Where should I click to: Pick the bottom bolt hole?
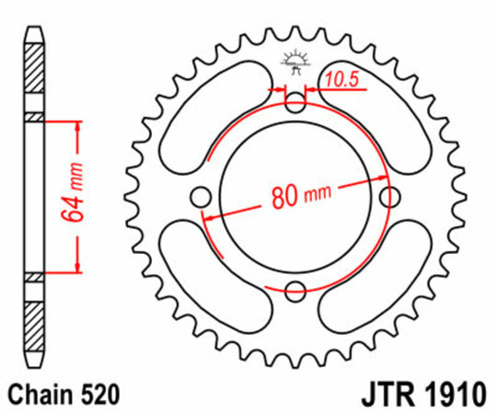(x=295, y=293)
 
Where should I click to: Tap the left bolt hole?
(x=199, y=197)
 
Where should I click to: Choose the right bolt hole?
(x=390, y=197)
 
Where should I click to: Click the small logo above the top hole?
(x=295, y=61)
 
